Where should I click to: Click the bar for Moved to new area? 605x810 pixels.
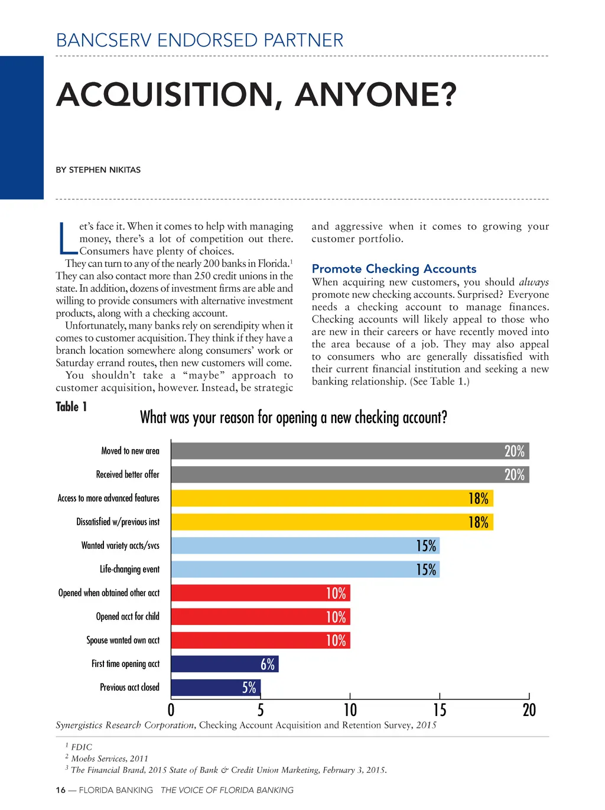pyautogui.click(x=349, y=451)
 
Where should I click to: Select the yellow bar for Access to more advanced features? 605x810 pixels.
pyautogui.click(x=331, y=498)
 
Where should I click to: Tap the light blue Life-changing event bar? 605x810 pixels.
pyautogui.click(x=304, y=570)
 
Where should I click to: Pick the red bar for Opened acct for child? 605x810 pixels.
pyautogui.click(x=260, y=617)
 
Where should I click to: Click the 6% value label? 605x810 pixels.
pyautogui.click(x=268, y=664)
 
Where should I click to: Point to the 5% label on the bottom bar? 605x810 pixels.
pyautogui.click(x=249, y=688)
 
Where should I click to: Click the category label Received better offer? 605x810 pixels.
pyautogui.click(x=128, y=474)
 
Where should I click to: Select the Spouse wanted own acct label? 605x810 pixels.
pyautogui.click(x=123, y=640)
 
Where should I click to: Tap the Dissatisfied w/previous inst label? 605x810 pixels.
pyautogui.click(x=118, y=522)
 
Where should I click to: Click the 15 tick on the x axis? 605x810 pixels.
pyautogui.click(x=440, y=710)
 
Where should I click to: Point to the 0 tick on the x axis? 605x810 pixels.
pyautogui.click(x=171, y=710)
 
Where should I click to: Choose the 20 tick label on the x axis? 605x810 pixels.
pyautogui.click(x=529, y=710)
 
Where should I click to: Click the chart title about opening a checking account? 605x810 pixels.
pyautogui.click(x=293, y=418)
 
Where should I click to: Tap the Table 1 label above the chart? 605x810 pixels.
pyautogui.click(x=71, y=406)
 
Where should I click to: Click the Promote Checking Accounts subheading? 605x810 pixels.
pyautogui.click(x=393, y=269)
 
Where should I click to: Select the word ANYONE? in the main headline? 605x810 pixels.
pyautogui.click(x=376, y=95)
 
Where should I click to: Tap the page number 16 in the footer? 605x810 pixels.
pyautogui.click(x=60, y=790)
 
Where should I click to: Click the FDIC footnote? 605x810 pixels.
pyautogui.click(x=81, y=747)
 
